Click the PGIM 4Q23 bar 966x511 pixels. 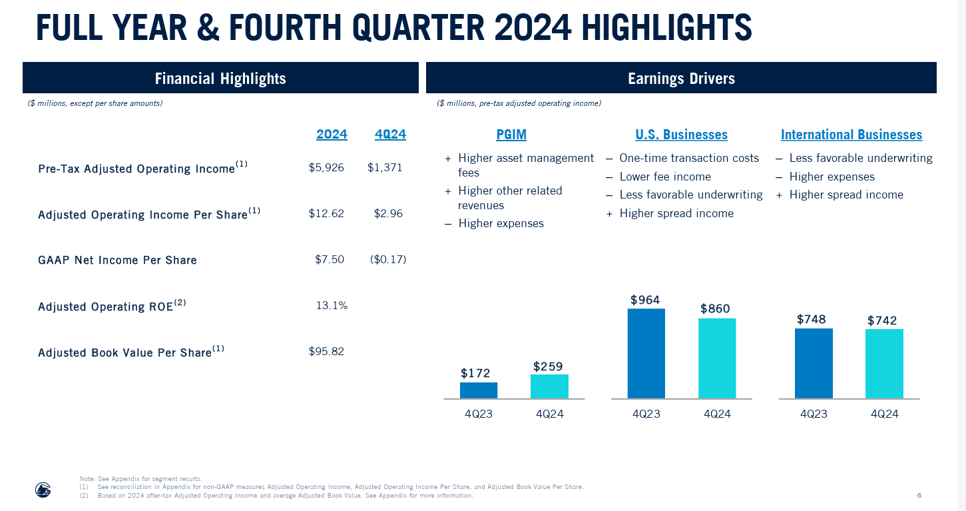(478, 390)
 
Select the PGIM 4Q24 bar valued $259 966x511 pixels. (549, 386)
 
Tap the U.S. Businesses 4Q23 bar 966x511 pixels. (646, 353)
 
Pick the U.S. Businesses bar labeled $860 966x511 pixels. (716, 358)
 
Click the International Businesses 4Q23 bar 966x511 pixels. (813, 363)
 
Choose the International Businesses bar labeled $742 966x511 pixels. (884, 364)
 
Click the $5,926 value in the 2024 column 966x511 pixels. (326, 168)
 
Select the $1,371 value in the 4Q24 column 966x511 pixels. (385, 168)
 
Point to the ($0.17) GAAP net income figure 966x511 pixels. (387, 259)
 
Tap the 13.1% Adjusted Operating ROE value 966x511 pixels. (332, 305)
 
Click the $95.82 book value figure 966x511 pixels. (326, 351)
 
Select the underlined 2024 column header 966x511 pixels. (332, 135)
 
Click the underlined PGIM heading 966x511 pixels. (511, 135)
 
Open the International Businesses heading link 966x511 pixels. (851, 135)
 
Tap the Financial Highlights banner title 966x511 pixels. (220, 79)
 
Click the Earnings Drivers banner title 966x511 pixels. (681, 79)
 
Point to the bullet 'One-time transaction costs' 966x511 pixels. (688, 158)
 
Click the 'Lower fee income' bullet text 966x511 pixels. (664, 177)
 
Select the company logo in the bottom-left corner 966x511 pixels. (43, 490)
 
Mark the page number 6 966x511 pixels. (919, 496)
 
